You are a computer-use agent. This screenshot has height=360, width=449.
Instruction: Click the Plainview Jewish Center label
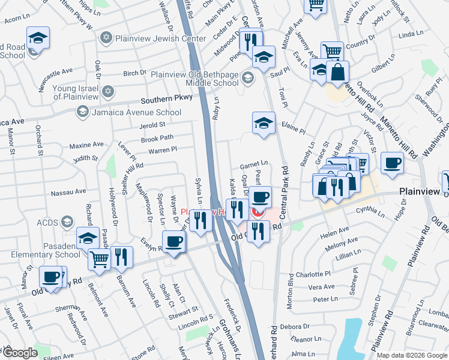point(152,38)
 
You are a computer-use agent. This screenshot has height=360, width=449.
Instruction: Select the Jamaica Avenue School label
point(136,112)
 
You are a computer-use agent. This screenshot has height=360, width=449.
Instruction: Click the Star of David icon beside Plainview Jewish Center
point(107,38)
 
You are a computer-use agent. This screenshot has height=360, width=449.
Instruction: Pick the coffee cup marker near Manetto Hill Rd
point(392,163)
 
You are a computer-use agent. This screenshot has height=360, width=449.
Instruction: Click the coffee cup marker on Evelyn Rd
point(174,242)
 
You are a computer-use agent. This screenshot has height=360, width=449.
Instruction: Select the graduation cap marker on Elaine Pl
point(263,123)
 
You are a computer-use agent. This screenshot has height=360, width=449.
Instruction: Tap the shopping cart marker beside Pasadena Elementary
point(100,259)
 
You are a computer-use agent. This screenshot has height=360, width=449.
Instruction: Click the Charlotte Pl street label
point(317,273)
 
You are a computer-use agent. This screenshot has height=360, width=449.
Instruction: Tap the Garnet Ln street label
point(253,163)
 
